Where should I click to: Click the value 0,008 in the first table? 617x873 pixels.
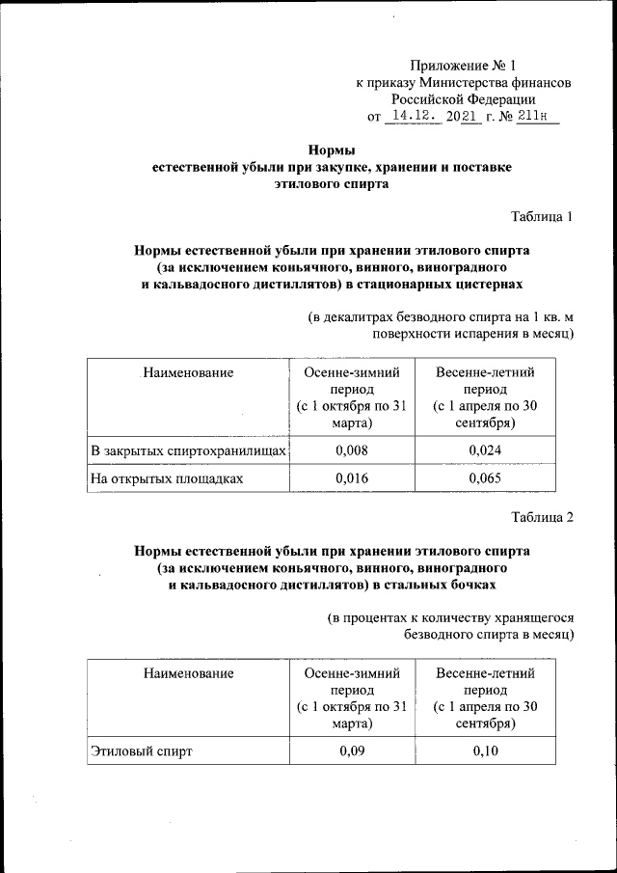351,450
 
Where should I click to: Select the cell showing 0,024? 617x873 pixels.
485,450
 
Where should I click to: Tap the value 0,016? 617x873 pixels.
351,477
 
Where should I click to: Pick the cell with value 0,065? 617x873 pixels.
485,477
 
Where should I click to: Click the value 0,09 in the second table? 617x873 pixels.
351,752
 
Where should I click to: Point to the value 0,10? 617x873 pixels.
485,752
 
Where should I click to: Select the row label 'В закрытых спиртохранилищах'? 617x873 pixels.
188,450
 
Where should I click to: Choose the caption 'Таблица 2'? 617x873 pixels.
542,517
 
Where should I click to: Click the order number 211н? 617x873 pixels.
538,117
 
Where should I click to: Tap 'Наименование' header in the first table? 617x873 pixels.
188,371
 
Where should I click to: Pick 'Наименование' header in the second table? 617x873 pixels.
188,673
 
